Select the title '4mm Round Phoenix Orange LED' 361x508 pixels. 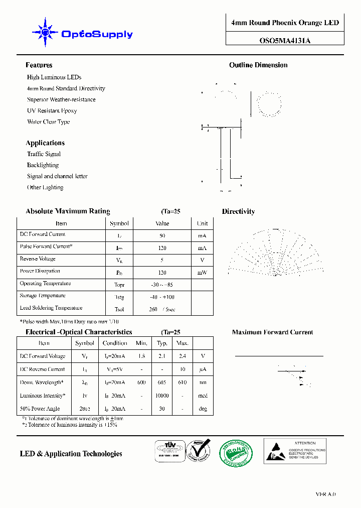pos(285,23)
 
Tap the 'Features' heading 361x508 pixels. pos(39,65)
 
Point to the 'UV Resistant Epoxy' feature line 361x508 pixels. pos(52,110)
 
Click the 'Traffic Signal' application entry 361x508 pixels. pos(44,154)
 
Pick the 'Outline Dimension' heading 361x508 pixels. pos(258,65)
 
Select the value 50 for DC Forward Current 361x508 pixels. pos(162,235)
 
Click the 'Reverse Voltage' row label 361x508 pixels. pos(38,259)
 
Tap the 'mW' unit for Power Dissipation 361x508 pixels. pos(202,273)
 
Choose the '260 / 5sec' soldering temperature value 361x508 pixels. pos(162,309)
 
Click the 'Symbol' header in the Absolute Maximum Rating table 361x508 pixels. pos(119,223)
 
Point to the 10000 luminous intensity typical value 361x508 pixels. pos(162,396)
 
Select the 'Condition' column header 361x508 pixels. pos(115,343)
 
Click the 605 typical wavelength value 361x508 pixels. pos(162,383)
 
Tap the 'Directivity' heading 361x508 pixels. pos(238,212)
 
